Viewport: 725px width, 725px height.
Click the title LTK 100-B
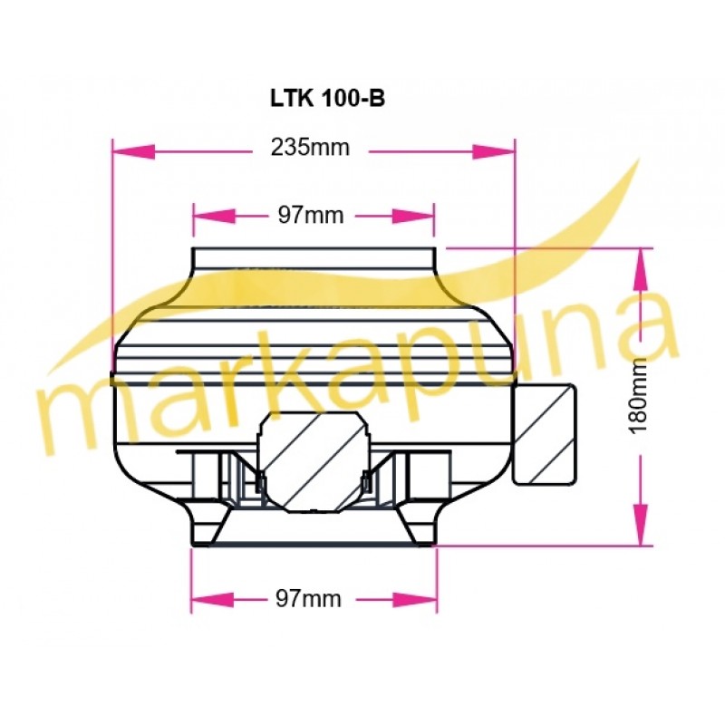[327, 98]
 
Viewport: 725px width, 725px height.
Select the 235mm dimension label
[310, 148]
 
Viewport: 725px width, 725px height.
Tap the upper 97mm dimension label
[310, 216]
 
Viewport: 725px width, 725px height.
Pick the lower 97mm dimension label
[308, 599]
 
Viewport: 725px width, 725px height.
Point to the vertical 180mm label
[639, 396]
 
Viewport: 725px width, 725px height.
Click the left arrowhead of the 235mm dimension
[133, 151]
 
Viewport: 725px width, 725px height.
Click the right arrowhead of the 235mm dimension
[493, 151]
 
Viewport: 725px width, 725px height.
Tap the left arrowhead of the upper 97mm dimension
[215, 216]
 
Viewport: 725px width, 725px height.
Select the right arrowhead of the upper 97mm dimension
[413, 216]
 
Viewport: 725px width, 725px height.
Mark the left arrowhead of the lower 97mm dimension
[213, 600]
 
